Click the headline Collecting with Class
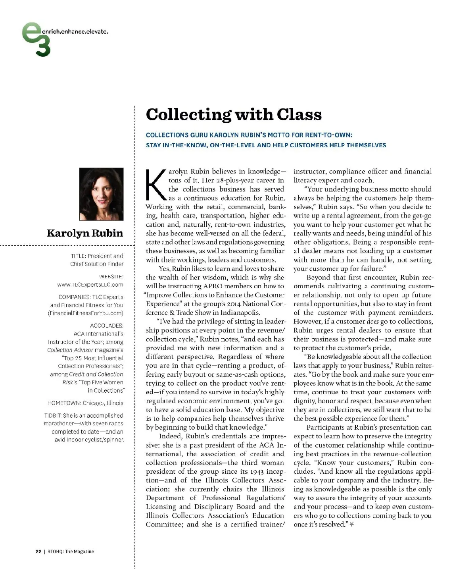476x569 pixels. pos(234,115)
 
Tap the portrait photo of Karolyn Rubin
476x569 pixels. pos(102,194)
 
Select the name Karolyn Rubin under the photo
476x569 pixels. pos(84,233)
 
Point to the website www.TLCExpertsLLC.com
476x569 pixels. pos(90,285)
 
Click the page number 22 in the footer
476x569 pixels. pos(38,552)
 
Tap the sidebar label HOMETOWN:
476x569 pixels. pos(64,403)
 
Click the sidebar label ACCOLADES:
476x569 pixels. pos(107,326)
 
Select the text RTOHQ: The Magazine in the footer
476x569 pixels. pos(71,552)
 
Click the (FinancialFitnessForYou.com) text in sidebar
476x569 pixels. pos(85,313)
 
